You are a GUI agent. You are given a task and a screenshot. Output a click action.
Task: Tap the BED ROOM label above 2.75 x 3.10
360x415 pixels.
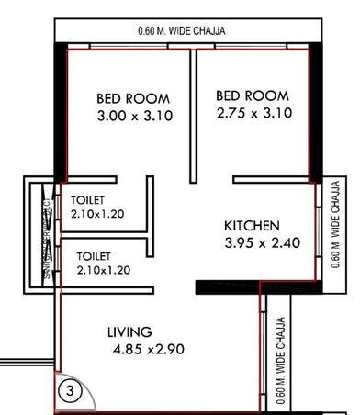[x=253, y=95]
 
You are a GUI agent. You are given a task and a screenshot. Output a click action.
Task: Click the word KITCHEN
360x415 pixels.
[x=253, y=226]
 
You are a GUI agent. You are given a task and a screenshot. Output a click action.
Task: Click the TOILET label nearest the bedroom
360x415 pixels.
[x=88, y=199]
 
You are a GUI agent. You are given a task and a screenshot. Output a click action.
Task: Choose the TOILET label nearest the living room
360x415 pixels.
[x=94, y=256]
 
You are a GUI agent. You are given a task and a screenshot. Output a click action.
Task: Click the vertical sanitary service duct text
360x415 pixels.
[x=44, y=235]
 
